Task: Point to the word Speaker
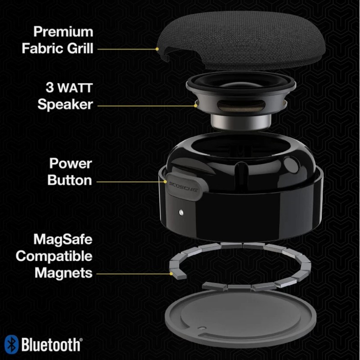click(65, 104)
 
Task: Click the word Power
click(70, 163)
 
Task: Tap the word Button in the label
click(70, 180)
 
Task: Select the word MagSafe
click(63, 238)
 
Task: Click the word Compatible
click(54, 256)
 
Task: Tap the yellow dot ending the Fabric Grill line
click(157, 48)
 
